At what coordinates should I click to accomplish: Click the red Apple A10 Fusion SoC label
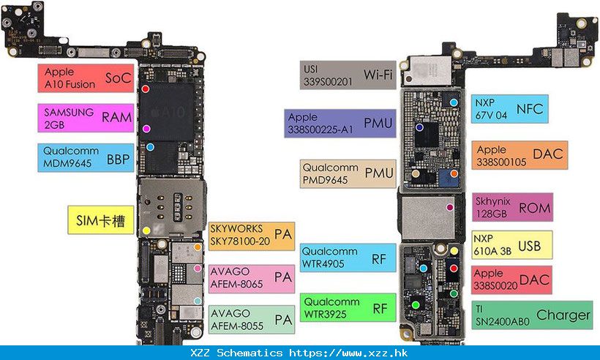tap(86, 78)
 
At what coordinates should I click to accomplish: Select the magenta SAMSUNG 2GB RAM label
tap(86, 118)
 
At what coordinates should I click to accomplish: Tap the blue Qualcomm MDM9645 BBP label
tap(86, 157)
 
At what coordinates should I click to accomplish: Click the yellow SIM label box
tap(100, 219)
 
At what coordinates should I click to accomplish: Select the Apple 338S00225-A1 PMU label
tap(340, 123)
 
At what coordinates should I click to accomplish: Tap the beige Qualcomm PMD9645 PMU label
tap(348, 173)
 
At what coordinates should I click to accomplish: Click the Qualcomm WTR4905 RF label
tap(348, 258)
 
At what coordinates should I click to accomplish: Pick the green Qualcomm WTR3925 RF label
tap(348, 307)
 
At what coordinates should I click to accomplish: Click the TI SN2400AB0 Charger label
tap(531, 315)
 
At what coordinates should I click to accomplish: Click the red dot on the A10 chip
tap(146, 89)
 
